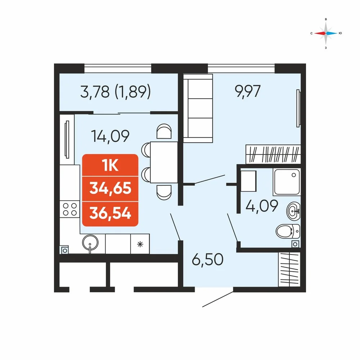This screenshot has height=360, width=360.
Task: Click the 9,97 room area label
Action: pyautogui.click(x=248, y=91)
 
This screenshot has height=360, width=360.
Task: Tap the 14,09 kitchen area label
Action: pyautogui.click(x=110, y=136)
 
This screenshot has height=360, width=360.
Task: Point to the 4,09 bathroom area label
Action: pyautogui.click(x=262, y=206)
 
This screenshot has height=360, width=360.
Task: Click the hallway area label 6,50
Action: pyautogui.click(x=208, y=260)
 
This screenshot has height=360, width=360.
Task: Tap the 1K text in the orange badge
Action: pyautogui.click(x=110, y=165)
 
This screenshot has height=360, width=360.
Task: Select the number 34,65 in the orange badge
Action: pyautogui.click(x=110, y=188)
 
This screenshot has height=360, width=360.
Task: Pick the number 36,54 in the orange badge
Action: pyautogui.click(x=110, y=213)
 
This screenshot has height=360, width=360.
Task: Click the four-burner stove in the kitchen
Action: pyautogui.click(x=70, y=209)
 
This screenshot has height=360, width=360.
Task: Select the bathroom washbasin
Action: pyautogui.click(x=293, y=210)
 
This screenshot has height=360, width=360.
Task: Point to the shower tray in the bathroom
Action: pyautogui.click(x=287, y=182)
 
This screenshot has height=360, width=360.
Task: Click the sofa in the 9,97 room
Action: pyautogui.click(x=198, y=108)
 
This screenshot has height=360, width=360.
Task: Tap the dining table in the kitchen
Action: pyautogui.click(x=164, y=162)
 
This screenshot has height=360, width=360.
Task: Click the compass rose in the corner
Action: pyautogui.click(x=326, y=33)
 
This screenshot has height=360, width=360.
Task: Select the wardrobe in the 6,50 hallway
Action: pyautogui.click(x=289, y=269)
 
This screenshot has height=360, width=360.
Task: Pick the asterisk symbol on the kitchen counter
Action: pyautogui.click(x=140, y=244)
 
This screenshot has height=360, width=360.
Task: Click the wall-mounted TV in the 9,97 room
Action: pyautogui.click(x=298, y=108)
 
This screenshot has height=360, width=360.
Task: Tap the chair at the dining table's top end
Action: pyautogui.click(x=164, y=131)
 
